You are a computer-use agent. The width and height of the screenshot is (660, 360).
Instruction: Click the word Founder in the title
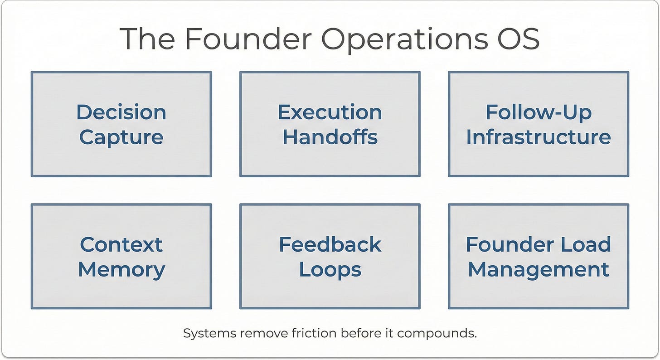248,38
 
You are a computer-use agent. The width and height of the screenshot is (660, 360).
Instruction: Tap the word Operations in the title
404,40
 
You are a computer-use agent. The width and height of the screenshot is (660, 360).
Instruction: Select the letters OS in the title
519,38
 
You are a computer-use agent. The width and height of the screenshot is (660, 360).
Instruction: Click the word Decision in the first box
121,112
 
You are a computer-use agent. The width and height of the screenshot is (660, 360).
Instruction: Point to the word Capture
121,138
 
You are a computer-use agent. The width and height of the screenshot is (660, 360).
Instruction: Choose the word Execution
330,112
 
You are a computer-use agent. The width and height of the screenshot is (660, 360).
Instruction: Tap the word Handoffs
330,137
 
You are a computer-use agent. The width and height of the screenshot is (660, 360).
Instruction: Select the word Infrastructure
539,137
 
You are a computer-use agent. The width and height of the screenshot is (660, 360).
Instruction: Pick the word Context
121,244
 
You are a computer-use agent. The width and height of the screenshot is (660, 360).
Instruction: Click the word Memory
121,270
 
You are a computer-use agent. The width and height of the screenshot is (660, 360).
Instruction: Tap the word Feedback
330,244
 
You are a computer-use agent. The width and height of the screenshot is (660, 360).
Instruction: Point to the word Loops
330,270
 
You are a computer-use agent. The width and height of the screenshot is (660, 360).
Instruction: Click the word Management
539,270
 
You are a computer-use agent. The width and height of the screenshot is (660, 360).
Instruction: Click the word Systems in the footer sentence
210,334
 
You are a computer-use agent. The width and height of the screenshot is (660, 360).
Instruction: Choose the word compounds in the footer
437,334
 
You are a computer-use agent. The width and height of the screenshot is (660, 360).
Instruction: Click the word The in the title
147,38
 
